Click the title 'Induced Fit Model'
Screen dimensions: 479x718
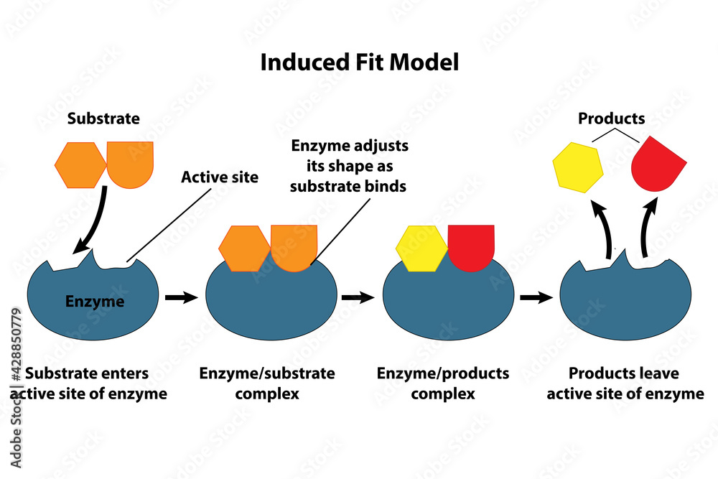point(359,62)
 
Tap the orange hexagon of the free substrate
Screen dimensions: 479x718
point(80,165)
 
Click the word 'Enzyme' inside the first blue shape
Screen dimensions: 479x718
point(95,302)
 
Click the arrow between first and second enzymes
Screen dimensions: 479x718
point(181,297)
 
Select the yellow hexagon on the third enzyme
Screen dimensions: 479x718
point(421,248)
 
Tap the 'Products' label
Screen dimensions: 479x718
point(612,118)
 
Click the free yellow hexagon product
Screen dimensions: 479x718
point(577,167)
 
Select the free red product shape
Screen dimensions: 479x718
point(656,164)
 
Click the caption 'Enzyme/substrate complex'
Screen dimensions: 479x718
point(267,383)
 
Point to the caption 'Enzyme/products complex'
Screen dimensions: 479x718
point(443,383)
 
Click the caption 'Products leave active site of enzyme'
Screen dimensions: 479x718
point(625,383)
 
